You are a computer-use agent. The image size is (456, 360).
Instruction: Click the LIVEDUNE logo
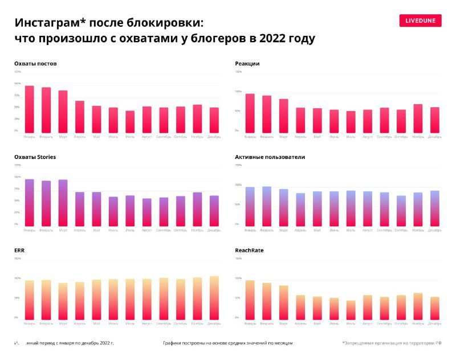(420, 21)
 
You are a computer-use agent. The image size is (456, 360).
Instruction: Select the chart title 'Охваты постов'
(35, 63)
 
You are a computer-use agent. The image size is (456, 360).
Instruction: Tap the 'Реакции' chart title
(247, 63)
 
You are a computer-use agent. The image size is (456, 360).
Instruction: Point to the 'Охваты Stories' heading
(35, 157)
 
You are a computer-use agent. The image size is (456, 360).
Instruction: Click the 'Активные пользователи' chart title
(270, 157)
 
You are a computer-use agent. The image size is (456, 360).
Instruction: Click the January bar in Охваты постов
(30, 109)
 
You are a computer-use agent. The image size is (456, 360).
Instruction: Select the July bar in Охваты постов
(130, 121)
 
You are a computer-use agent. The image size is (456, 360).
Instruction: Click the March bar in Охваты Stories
(63, 203)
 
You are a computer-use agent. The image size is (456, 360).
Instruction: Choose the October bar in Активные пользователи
(401, 211)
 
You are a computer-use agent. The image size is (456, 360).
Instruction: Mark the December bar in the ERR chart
(214, 298)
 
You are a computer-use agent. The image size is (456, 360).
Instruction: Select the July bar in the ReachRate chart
(351, 310)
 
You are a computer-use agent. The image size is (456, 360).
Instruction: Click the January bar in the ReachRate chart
(250, 300)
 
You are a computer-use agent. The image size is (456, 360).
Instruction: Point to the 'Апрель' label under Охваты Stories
(80, 230)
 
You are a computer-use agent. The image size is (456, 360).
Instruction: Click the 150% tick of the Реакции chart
(238, 72)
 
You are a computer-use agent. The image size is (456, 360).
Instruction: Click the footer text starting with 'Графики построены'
(227, 343)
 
